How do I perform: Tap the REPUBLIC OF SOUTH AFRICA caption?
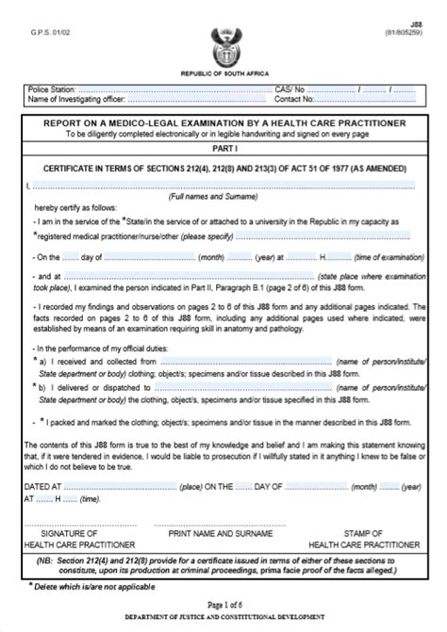223,73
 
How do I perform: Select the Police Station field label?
54,89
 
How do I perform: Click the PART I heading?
223,148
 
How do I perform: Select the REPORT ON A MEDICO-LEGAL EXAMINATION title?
224,122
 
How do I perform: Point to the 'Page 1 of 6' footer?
223,604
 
